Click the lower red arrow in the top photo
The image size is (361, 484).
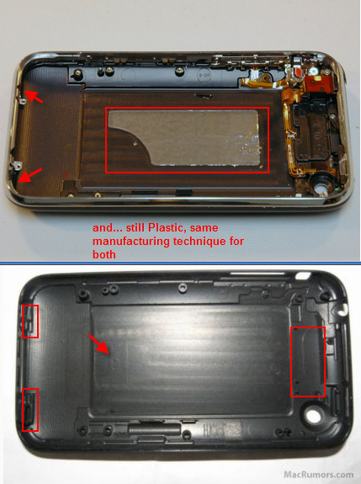click(29, 173)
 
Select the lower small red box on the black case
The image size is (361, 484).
click(29, 409)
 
